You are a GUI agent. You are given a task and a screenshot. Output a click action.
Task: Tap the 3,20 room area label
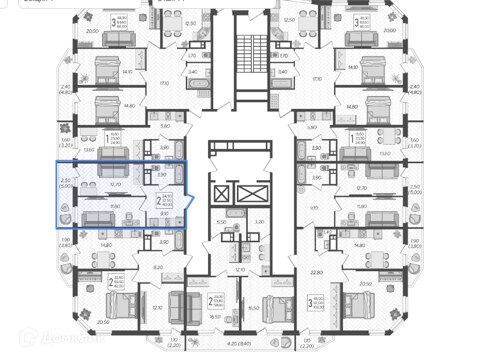259,221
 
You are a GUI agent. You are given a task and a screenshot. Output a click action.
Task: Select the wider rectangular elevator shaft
252,195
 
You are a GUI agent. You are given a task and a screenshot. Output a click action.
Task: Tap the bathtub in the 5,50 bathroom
236,213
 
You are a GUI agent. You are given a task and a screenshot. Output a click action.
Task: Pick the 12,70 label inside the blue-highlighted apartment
115,183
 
